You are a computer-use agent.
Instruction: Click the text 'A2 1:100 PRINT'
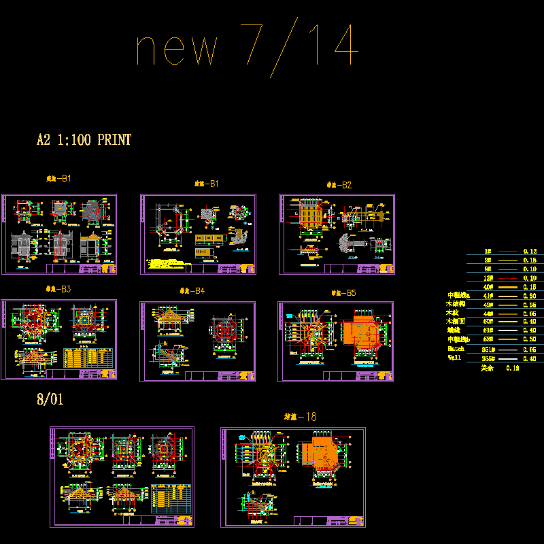pyautogui.click(x=84, y=140)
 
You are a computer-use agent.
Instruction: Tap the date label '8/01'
pyautogui.click(x=50, y=399)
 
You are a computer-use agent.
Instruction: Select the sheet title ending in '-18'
pyautogui.click(x=300, y=416)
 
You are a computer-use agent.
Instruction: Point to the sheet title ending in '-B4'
pyautogui.click(x=192, y=291)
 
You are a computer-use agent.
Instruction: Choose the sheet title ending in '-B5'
pyautogui.click(x=343, y=293)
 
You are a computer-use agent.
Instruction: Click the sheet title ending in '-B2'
pyautogui.click(x=339, y=184)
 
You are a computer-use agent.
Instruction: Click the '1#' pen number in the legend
pyautogui.click(x=488, y=252)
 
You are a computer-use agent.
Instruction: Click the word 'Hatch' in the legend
pyautogui.click(x=456, y=347)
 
